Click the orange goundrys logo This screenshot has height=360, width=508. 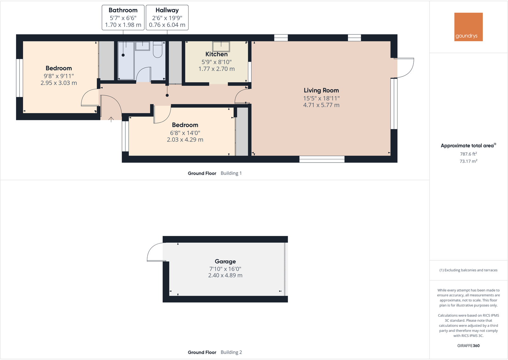[x=468, y=27]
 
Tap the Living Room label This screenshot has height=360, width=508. [x=321, y=90]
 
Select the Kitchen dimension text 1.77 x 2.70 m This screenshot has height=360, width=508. [x=216, y=69]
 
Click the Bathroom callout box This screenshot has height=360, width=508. [x=123, y=18]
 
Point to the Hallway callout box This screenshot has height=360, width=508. [x=167, y=18]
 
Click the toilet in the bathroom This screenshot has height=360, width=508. [x=158, y=50]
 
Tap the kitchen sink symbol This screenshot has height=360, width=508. [x=221, y=47]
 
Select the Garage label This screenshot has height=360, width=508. [x=225, y=261]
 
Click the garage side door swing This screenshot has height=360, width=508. [x=156, y=252]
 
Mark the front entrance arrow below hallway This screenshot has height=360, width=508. [x=111, y=119]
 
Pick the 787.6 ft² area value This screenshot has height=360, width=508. [x=468, y=154]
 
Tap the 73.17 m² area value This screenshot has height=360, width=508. [x=468, y=161]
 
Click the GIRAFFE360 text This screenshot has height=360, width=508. [x=468, y=346]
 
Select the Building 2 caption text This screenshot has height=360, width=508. [x=231, y=352]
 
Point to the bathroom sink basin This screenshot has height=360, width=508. [x=142, y=46]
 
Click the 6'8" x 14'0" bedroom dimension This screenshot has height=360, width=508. [x=185, y=133]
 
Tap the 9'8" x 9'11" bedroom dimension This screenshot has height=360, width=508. [x=59, y=76]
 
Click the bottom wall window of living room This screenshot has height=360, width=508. [x=322, y=159]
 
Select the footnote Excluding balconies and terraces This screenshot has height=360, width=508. [x=468, y=270]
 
